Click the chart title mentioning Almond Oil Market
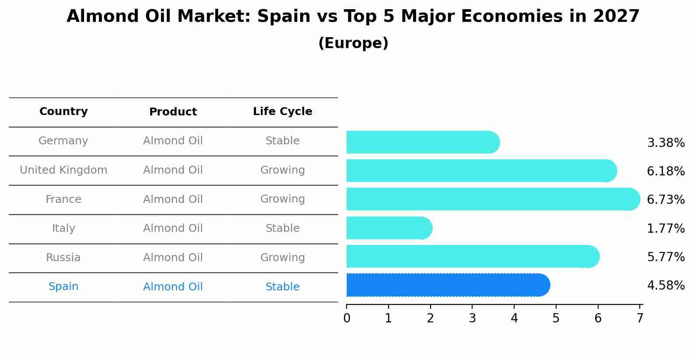353,17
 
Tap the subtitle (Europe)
353,43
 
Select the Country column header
63,112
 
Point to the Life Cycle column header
282,112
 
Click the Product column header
173,112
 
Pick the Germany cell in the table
63,141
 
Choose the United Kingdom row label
63,170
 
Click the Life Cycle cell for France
282,199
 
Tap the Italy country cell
63,228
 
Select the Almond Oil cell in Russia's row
173,258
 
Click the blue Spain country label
63,287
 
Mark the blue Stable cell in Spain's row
282,287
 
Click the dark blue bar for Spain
446,285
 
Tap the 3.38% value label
666,143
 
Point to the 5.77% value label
666,257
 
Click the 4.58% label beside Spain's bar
666,286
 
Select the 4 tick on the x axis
514,318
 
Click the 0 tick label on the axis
347,318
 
